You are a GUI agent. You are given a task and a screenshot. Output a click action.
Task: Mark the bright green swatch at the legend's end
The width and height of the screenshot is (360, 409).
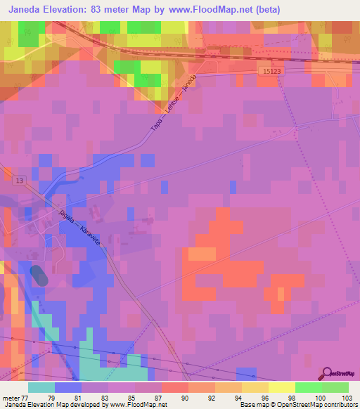click(x=335, y=387)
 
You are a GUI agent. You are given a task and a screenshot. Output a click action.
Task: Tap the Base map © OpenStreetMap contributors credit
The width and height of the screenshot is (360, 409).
click(x=298, y=405)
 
